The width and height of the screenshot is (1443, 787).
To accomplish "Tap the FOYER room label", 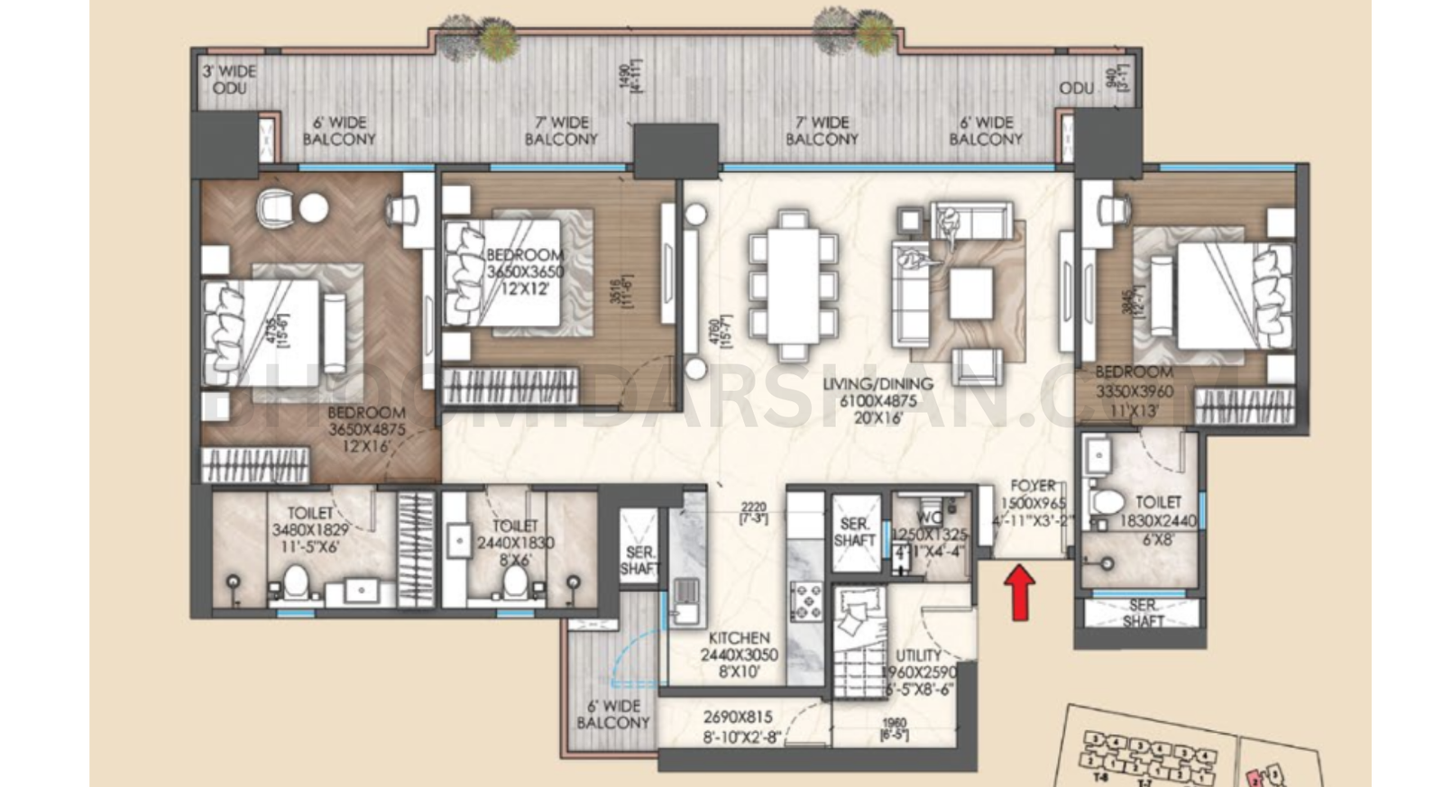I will [1033, 486].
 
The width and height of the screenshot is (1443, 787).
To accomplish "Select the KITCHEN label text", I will [739, 638].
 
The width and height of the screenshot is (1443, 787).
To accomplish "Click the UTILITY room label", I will [918, 655].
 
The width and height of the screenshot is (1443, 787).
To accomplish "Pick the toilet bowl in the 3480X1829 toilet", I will [295, 582].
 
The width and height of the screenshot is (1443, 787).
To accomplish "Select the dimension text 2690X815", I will [738, 718].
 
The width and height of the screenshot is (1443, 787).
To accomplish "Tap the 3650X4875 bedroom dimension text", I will [366, 430].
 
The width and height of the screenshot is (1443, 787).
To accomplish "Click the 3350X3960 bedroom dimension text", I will [1134, 392].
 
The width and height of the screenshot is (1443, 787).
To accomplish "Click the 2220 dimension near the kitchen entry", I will [753, 508].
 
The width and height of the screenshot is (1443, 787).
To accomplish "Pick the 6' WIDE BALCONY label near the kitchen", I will [613, 714].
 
